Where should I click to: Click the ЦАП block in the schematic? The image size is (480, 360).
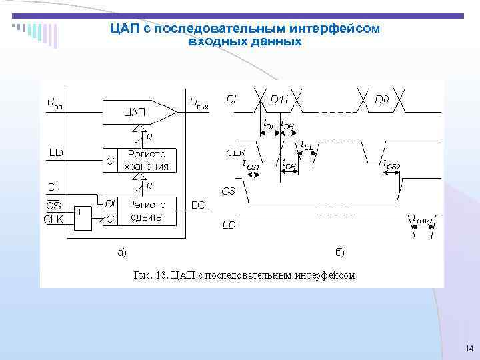(x=135, y=111)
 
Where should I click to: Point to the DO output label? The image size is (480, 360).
(x=199, y=206)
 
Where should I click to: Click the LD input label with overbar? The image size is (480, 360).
(x=57, y=154)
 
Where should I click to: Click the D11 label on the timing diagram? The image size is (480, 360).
(x=279, y=100)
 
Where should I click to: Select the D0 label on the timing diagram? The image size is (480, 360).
(x=382, y=100)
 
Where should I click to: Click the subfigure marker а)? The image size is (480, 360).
(x=123, y=251)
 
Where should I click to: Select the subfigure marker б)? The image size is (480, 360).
(x=340, y=251)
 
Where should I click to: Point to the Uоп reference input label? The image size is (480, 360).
(x=55, y=103)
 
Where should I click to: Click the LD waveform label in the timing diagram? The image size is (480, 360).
(x=229, y=225)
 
